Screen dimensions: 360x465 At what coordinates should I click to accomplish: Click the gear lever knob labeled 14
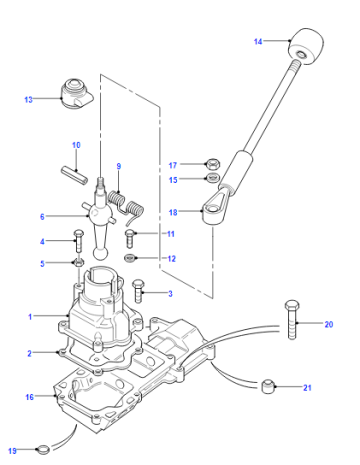(x=306, y=46)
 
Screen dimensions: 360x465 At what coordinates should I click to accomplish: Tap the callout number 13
(x=29, y=99)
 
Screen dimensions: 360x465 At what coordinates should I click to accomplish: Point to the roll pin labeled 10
(x=74, y=175)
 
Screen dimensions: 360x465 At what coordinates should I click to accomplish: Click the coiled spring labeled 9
(x=126, y=207)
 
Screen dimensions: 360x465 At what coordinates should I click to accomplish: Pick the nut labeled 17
(x=212, y=164)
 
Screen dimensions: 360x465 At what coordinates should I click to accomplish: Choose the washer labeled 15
(x=212, y=178)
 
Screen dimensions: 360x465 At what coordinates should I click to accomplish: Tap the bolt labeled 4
(x=78, y=241)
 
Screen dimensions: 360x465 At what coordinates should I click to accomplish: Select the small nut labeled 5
(x=79, y=263)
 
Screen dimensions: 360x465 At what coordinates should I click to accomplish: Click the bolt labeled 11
(x=130, y=238)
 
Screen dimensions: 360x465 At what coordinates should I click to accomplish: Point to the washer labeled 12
(x=130, y=258)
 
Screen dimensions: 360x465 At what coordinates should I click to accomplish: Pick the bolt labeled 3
(x=138, y=291)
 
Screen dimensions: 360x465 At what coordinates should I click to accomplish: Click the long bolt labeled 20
(x=292, y=319)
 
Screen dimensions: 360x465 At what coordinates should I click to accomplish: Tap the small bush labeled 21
(x=268, y=386)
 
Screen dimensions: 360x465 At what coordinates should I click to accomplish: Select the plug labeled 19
(x=43, y=450)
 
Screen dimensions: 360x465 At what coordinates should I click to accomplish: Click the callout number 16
(x=30, y=397)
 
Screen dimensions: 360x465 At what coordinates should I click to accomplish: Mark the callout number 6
(x=42, y=217)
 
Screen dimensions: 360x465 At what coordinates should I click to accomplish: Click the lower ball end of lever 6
(x=100, y=254)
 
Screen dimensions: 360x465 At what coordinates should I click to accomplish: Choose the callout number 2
(x=29, y=353)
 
